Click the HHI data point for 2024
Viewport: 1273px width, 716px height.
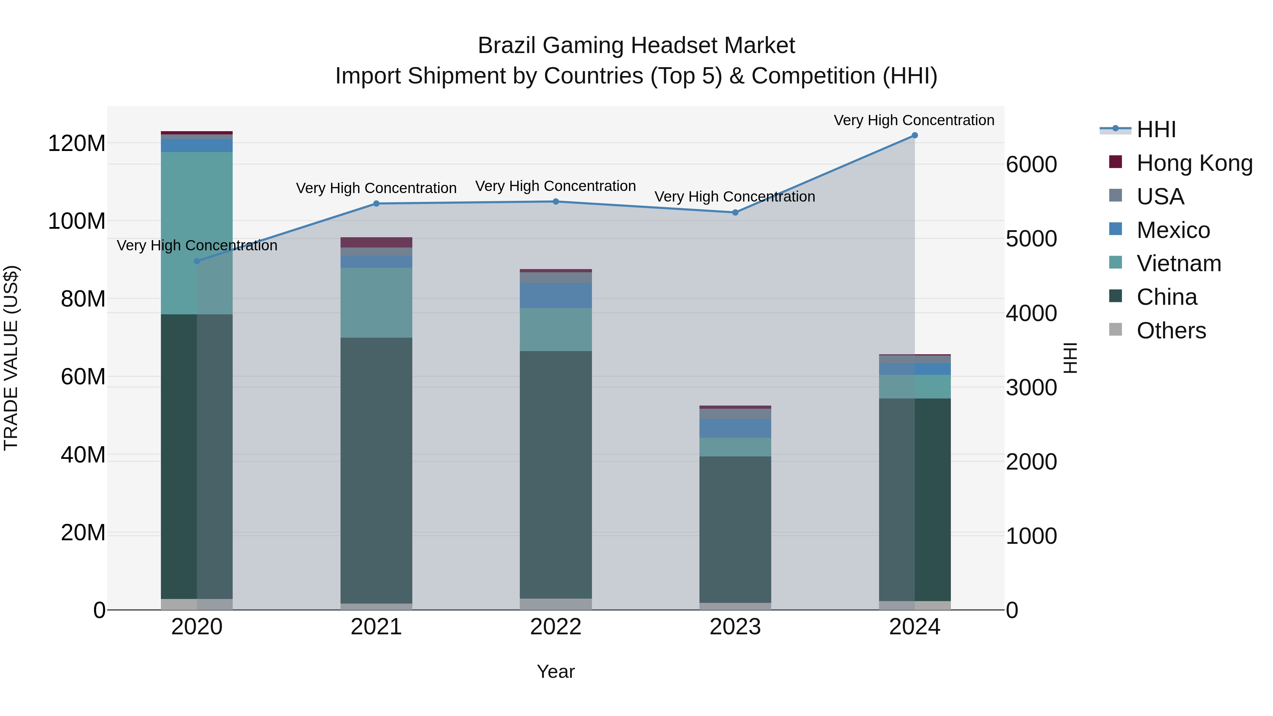point(914,135)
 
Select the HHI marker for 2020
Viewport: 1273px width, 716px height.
point(197,261)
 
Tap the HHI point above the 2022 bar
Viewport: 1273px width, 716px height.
point(556,202)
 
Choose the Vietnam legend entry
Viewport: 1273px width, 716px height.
point(1179,263)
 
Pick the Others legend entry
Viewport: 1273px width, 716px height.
point(1171,331)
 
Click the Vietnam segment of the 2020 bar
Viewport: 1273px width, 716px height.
point(197,233)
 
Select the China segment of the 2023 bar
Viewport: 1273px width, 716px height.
point(735,529)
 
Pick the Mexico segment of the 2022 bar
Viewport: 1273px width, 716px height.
point(556,296)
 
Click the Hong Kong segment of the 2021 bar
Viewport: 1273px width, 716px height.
point(376,242)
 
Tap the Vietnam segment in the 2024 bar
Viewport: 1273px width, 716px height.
point(914,386)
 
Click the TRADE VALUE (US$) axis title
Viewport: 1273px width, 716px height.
point(11,358)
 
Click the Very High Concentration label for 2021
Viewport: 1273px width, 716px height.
point(376,188)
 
